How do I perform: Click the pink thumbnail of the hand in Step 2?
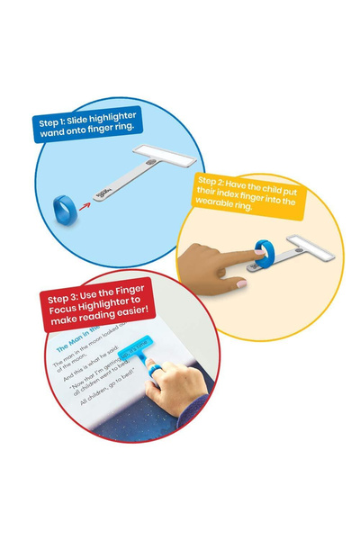(x=241, y=283)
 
